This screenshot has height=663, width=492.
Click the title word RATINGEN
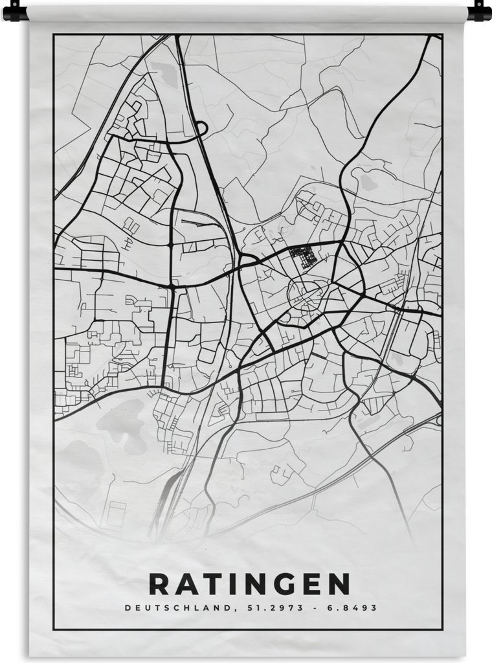(x=249, y=585)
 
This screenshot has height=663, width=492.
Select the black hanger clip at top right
(x=480, y=11)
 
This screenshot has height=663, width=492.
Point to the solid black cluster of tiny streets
(x=304, y=256)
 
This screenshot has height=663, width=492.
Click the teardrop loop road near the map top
(x=199, y=128)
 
